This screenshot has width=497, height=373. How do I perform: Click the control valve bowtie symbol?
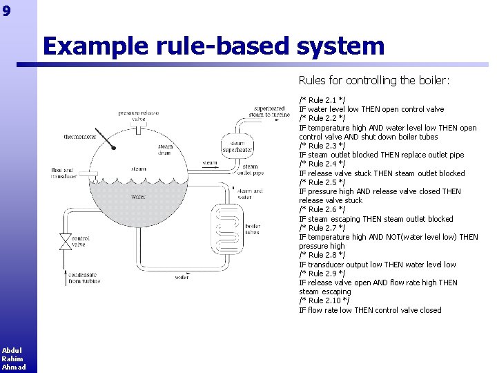tap(65, 242)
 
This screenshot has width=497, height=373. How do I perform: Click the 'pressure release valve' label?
tap(138, 115)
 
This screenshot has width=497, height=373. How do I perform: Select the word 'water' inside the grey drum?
tap(139, 197)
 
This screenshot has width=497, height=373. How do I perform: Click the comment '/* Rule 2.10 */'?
tap(324, 300)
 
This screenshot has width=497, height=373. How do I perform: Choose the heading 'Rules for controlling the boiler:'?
tap(373, 81)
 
